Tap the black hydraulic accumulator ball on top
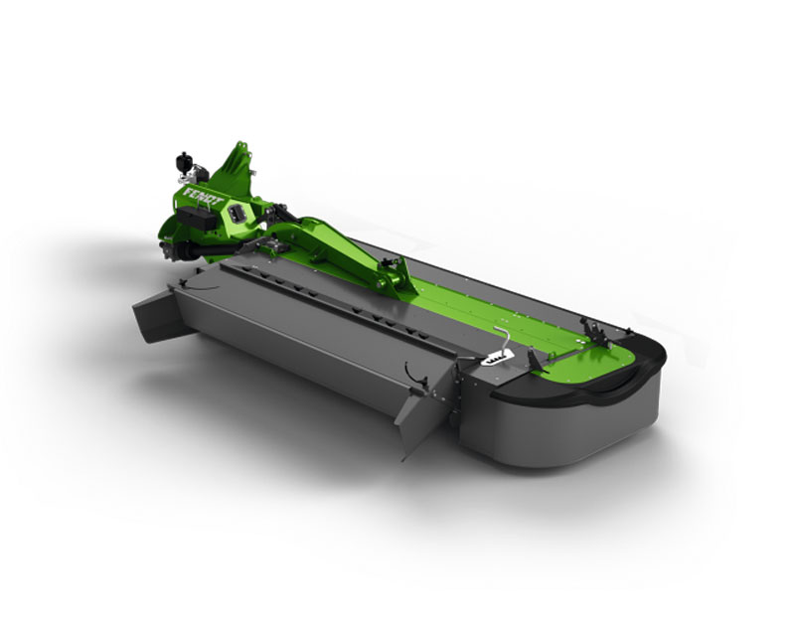click(x=183, y=161)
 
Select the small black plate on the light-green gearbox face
click(x=237, y=213)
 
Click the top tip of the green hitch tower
click(x=240, y=145)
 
